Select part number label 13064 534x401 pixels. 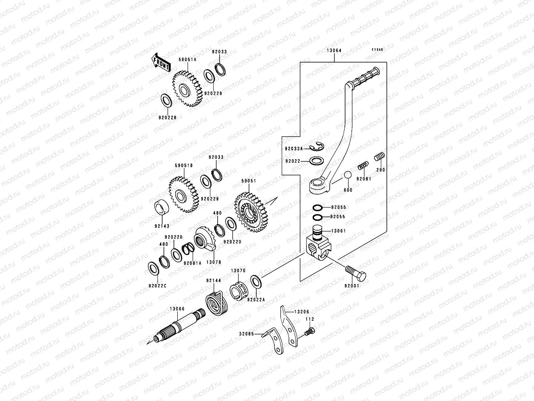334,51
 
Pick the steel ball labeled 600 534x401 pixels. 348,175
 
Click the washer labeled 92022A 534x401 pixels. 256,282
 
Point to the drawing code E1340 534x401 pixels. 378,49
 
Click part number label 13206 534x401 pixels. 302,312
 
